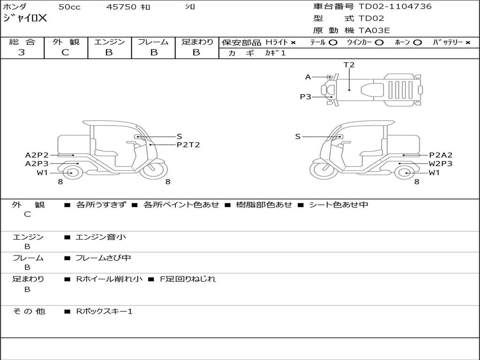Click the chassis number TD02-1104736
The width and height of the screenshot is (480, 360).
click(x=395, y=7)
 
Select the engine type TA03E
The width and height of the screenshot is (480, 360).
click(x=374, y=30)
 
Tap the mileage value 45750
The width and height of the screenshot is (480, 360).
click(x=121, y=7)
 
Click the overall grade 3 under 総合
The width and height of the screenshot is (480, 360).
click(x=22, y=52)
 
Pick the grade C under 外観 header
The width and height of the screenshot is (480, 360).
click(x=65, y=52)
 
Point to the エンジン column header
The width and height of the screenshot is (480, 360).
click(x=109, y=42)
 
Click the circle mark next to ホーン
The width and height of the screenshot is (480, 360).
click(x=417, y=43)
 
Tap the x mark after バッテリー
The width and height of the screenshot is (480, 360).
click(x=468, y=43)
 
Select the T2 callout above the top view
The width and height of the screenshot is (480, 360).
click(x=349, y=65)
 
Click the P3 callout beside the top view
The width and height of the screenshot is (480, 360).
click(x=306, y=97)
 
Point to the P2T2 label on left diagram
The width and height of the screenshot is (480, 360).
click(x=188, y=145)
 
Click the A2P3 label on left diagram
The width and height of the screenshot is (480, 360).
click(x=37, y=164)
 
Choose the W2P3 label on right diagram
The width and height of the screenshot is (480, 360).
click(x=441, y=164)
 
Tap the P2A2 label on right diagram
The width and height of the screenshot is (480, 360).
click(x=441, y=155)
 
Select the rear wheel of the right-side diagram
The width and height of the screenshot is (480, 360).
click(x=407, y=173)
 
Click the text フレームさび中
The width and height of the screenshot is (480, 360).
click(x=103, y=258)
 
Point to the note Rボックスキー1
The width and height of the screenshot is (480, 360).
click(x=104, y=312)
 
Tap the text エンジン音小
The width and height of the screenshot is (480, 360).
click(x=101, y=237)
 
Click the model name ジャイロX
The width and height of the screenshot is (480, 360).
click(x=25, y=18)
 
